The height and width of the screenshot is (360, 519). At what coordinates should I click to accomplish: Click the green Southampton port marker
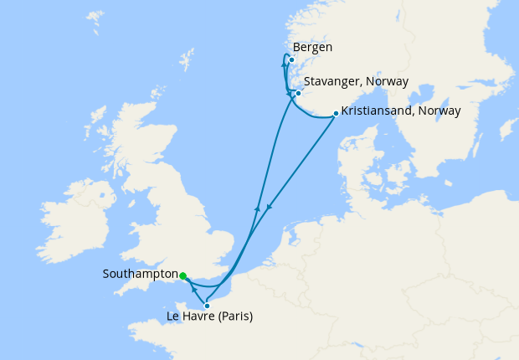pos(182,275)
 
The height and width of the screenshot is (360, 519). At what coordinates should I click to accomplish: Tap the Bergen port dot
pos(291,59)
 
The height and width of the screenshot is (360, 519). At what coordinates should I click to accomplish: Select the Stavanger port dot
pos(298,93)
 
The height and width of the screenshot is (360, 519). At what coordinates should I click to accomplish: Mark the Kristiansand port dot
pos(336,114)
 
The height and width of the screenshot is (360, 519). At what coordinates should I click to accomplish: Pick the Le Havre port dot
pos(207,306)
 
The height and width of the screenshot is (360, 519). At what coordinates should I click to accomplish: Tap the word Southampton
pos(139,275)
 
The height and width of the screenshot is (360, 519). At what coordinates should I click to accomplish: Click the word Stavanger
pos(331,82)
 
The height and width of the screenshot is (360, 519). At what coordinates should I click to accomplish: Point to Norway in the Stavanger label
pos(388,82)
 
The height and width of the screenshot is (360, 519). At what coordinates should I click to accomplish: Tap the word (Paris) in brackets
pos(234,316)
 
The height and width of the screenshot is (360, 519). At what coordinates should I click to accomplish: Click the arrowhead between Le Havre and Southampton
pos(193,289)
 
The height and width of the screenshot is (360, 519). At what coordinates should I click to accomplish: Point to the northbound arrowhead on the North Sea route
pos(257,207)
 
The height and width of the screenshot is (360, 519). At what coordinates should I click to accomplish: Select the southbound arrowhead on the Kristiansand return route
pos(268,207)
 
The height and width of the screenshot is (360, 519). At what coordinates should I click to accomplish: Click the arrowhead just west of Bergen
pos(285,59)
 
